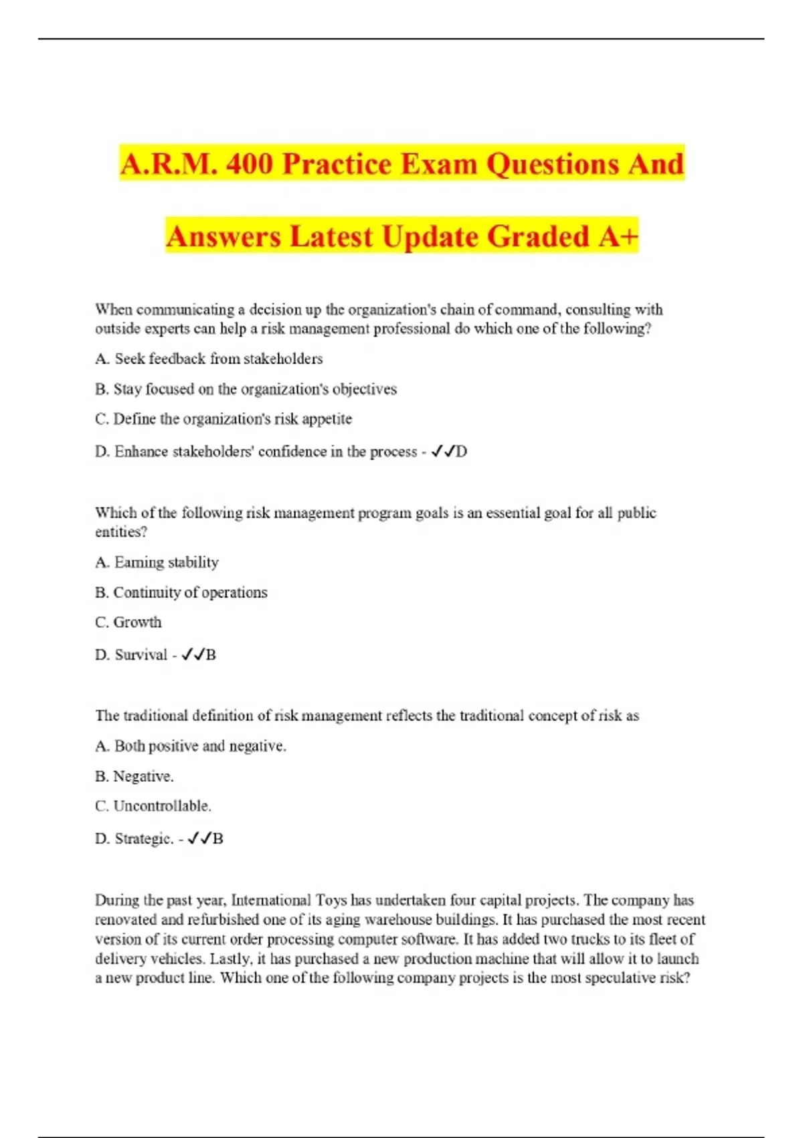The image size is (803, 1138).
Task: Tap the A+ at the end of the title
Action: [x=618, y=236]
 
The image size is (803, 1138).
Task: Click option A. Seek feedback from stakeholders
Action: [x=209, y=359]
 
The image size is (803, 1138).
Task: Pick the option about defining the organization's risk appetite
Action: [x=224, y=419]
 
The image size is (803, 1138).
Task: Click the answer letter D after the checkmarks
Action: [x=462, y=452]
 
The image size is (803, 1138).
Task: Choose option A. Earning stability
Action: [x=157, y=562]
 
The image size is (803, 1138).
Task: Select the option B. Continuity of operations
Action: [x=181, y=592]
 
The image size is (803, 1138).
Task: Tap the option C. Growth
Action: [x=128, y=623]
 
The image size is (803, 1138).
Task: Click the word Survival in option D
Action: [x=141, y=655]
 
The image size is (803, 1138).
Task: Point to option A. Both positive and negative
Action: [x=191, y=746]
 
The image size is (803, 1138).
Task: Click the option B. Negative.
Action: [x=135, y=777]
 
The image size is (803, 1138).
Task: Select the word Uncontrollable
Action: [x=162, y=806]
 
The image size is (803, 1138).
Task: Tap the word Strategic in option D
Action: [x=144, y=839]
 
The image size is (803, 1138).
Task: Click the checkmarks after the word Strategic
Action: [x=199, y=838]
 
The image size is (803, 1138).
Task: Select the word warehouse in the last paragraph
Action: [x=399, y=920]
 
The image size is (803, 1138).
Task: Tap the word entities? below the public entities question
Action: [x=121, y=532]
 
